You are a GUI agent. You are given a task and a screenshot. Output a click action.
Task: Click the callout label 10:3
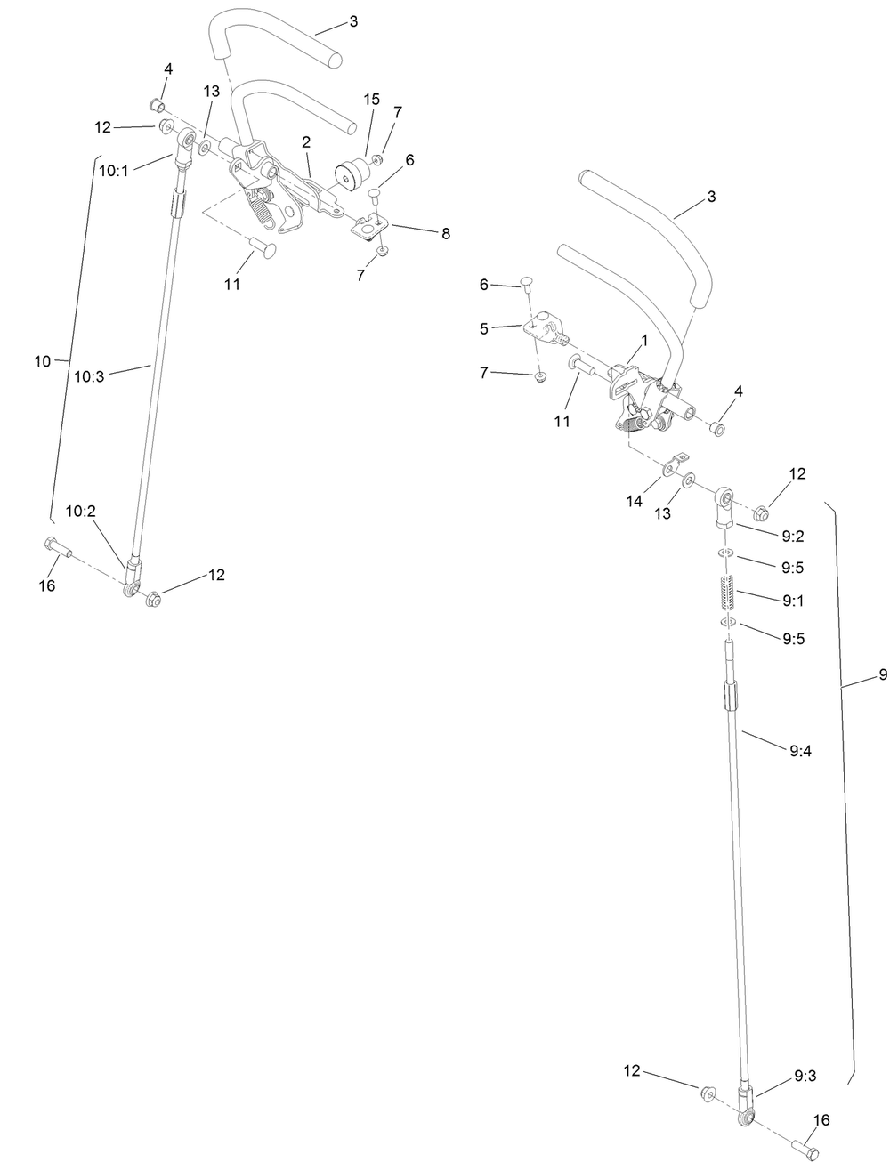click(88, 376)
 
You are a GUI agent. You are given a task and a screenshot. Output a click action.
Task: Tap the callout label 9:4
click(800, 750)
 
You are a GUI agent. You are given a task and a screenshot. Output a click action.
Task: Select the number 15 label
click(371, 98)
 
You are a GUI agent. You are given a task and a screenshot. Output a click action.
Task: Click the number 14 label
click(634, 502)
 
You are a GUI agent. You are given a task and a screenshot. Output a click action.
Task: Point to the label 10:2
click(79, 511)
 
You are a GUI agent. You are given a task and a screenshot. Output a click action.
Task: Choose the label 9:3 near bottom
click(805, 1076)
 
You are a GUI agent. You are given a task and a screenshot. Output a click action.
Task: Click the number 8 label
click(445, 233)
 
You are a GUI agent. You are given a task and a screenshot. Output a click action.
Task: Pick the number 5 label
click(484, 328)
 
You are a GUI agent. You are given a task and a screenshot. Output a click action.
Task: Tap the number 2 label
click(305, 142)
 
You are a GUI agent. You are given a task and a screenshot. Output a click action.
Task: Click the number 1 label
click(643, 340)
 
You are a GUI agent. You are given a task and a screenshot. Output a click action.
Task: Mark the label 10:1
click(113, 170)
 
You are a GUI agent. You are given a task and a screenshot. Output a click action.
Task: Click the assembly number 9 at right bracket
click(882, 674)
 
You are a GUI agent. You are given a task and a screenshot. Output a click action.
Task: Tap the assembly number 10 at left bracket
click(42, 361)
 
